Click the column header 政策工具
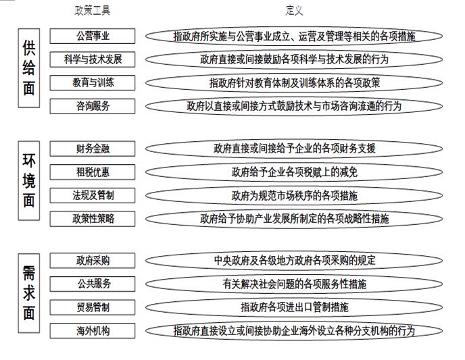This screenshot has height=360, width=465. coord(92,11)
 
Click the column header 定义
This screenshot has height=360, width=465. coord(294,11)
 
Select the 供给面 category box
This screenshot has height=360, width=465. coord(29,68)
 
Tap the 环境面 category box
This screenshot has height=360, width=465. coord(29,180)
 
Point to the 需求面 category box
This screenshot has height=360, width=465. coord(29,293)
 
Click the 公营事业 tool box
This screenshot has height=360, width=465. coord(93,36)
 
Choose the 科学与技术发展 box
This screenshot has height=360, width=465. coord(93,59)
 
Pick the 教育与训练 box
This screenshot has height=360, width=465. coord(93,82)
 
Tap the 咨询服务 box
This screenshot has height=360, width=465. coord(93,106)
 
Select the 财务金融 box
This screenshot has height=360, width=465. coord(93,149)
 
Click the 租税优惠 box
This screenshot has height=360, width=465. coord(93,172)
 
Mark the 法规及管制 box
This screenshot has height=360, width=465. coord(93,195)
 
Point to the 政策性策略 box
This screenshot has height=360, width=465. coord(93,219)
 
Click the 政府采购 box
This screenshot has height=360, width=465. coord(93,261)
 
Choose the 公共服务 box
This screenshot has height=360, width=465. coord(93,284)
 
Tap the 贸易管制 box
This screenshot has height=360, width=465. coord(93,307)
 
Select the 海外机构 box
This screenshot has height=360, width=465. coord(93,331)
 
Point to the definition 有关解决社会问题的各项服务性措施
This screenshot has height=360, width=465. coord(294,284)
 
